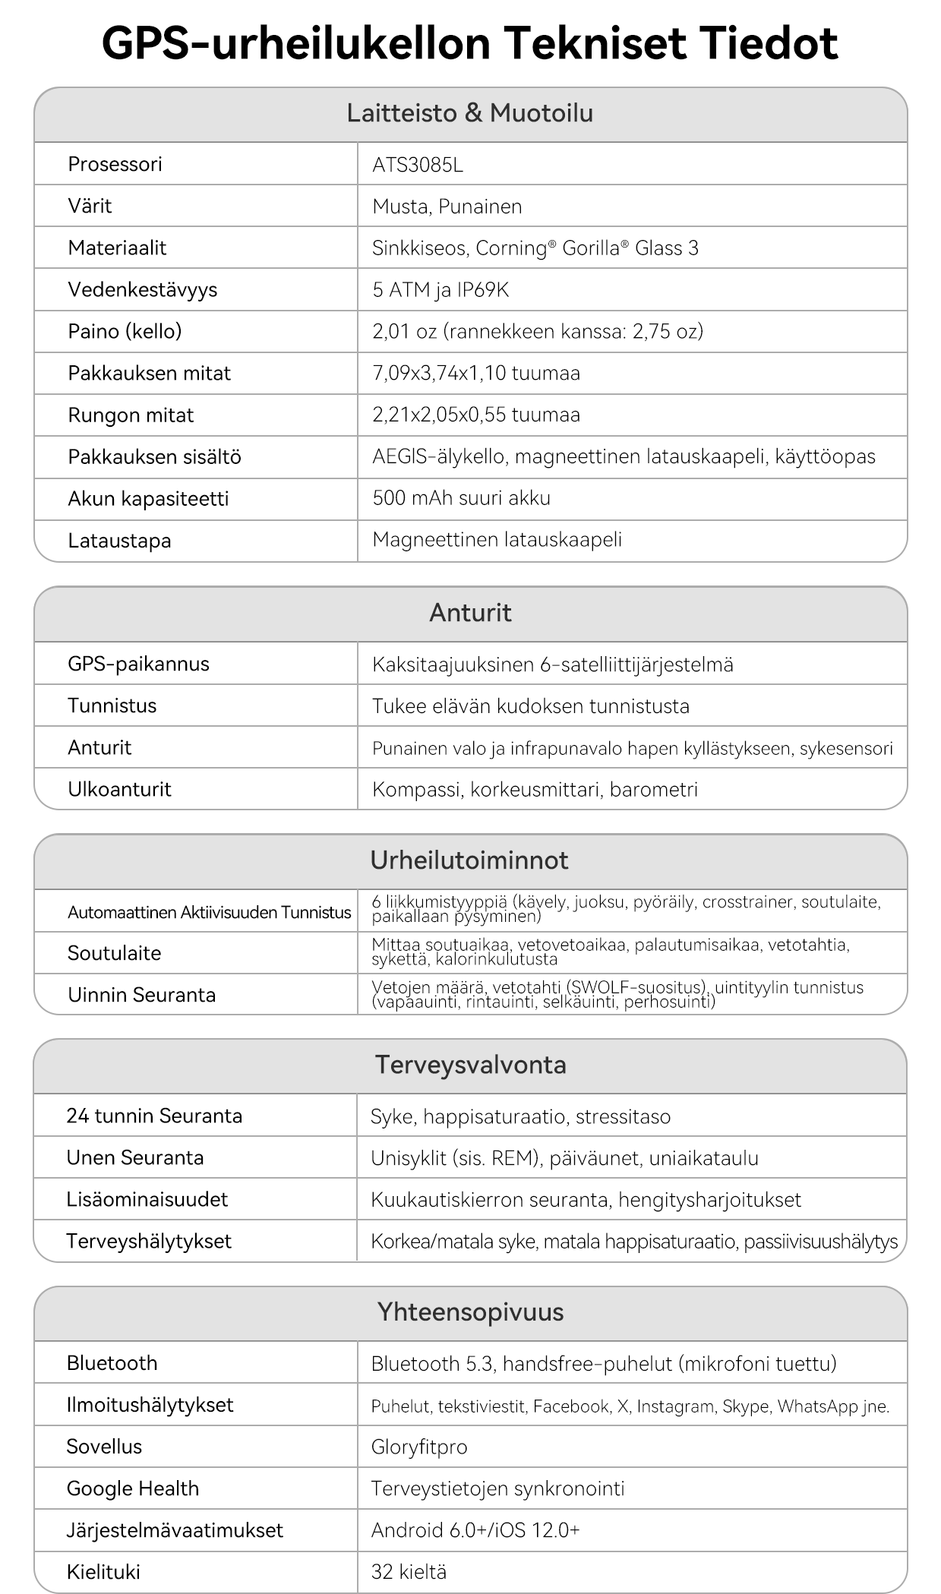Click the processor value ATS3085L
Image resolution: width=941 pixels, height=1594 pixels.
pos(417,165)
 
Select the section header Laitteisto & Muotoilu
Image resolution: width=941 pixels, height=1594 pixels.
pos(470,114)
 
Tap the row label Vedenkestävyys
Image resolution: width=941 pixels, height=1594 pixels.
pos(142,290)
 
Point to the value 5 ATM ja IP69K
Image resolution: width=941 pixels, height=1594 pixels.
pos(441,290)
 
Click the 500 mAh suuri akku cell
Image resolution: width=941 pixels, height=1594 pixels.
pos(461,498)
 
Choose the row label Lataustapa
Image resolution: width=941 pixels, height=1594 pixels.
pos(119,541)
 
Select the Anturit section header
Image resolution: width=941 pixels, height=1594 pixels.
pos(470,613)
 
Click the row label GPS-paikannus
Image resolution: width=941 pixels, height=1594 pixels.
pos(138,664)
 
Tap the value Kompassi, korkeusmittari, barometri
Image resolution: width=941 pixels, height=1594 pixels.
pos(535,790)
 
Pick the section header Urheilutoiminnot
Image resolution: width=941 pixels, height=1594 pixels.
pos(469,860)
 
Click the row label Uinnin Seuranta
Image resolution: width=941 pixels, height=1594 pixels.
pos(141,995)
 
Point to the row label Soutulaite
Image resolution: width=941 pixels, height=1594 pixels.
pos(114,953)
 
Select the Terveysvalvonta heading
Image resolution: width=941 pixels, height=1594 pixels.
pos(470,1065)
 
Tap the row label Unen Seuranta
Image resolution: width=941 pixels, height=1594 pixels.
pos(135,1158)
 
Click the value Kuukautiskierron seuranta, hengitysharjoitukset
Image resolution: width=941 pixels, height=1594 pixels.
pos(586,1200)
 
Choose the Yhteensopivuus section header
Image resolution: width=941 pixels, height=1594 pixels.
pos(470,1312)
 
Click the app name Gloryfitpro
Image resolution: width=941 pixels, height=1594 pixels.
pos(418,1447)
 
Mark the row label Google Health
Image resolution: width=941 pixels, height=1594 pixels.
pos(133,1488)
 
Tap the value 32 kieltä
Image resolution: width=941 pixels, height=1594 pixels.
pos(409,1572)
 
